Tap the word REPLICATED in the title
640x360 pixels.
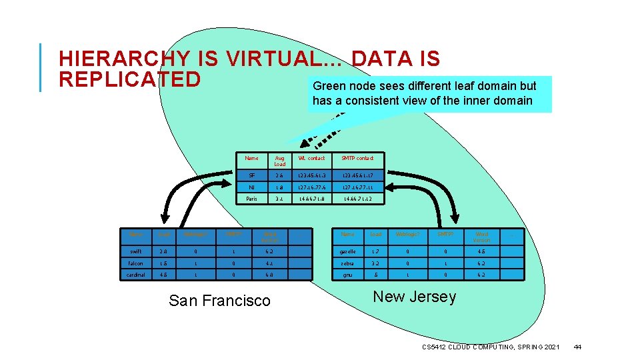coord(129,79)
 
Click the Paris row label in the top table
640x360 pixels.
coord(251,199)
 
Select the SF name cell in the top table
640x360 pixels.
coord(251,175)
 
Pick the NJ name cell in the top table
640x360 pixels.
coord(251,187)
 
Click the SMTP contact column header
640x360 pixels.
coord(357,158)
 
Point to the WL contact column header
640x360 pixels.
coord(312,158)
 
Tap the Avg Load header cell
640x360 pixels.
coord(280,161)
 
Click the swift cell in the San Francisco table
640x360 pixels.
coord(135,251)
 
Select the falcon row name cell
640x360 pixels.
coord(135,263)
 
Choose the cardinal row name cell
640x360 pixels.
coord(135,275)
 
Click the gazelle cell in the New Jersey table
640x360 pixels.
coord(347,251)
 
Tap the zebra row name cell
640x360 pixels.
coord(347,263)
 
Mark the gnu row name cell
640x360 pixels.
coord(347,275)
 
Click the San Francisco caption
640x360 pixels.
coord(219,301)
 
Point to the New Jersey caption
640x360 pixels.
coord(415,297)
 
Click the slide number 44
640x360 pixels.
coord(577,347)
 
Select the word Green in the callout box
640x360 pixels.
coord(327,86)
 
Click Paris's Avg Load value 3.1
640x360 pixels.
coord(280,199)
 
